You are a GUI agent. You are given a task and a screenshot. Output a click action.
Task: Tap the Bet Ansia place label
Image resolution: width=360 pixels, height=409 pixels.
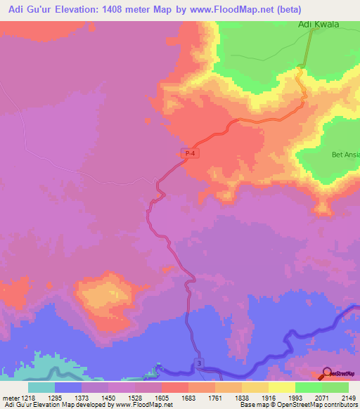pos(345,154)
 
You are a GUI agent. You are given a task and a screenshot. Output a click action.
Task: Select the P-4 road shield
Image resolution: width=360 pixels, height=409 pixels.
pos(187,153)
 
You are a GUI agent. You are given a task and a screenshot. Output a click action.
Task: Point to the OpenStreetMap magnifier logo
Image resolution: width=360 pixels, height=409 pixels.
pos(327,373)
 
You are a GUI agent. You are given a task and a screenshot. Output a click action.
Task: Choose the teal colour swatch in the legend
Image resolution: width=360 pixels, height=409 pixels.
pos(41,387)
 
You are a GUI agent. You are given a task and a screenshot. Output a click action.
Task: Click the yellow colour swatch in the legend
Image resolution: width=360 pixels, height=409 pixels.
pos(282,387)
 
